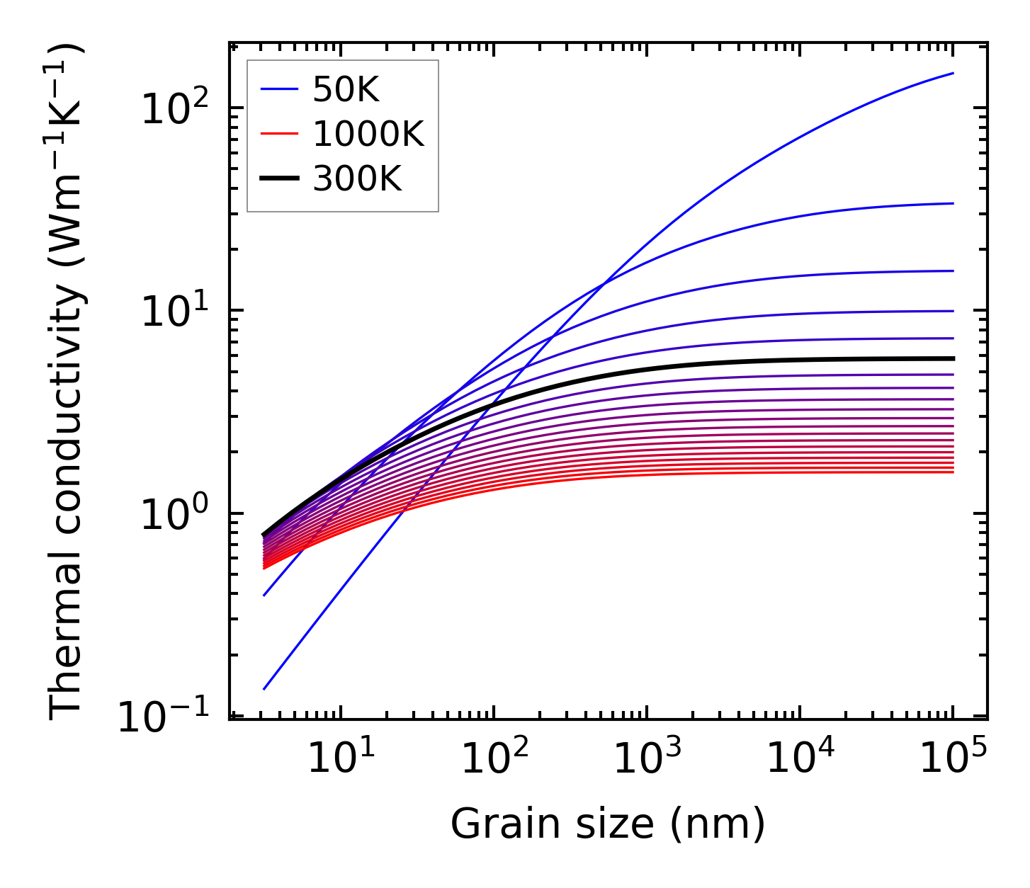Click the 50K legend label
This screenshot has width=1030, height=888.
tap(346, 90)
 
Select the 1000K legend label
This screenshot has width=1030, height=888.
tap(368, 135)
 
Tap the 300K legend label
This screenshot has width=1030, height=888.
tap(357, 179)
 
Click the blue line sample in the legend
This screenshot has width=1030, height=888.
tap(280, 90)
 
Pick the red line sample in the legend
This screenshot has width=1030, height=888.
tap(280, 135)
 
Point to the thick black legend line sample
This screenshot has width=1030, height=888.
tap(280, 179)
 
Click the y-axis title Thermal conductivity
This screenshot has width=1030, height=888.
tap(67, 382)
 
